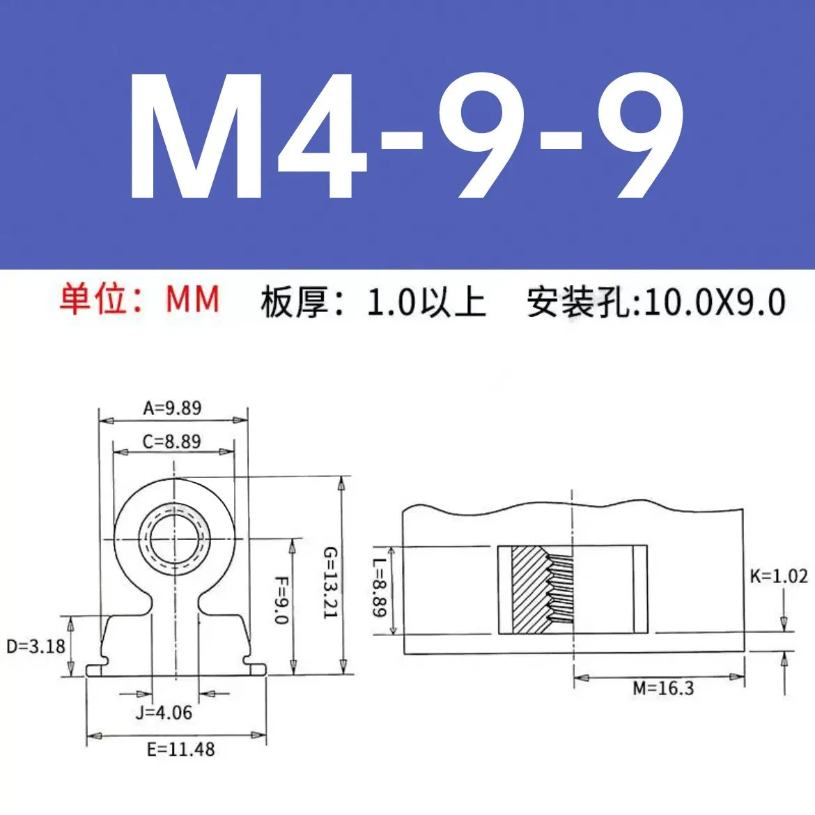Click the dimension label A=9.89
(172, 407)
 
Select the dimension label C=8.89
(172, 442)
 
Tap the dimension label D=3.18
(36, 646)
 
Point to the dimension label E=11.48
(180, 750)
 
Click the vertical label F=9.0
(281, 600)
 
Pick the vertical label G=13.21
(329, 582)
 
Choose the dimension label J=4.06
(164, 713)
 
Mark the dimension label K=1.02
(778, 576)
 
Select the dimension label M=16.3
(663, 689)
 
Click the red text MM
(193, 300)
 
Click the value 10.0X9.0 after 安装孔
(715, 302)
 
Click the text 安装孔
(581, 302)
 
